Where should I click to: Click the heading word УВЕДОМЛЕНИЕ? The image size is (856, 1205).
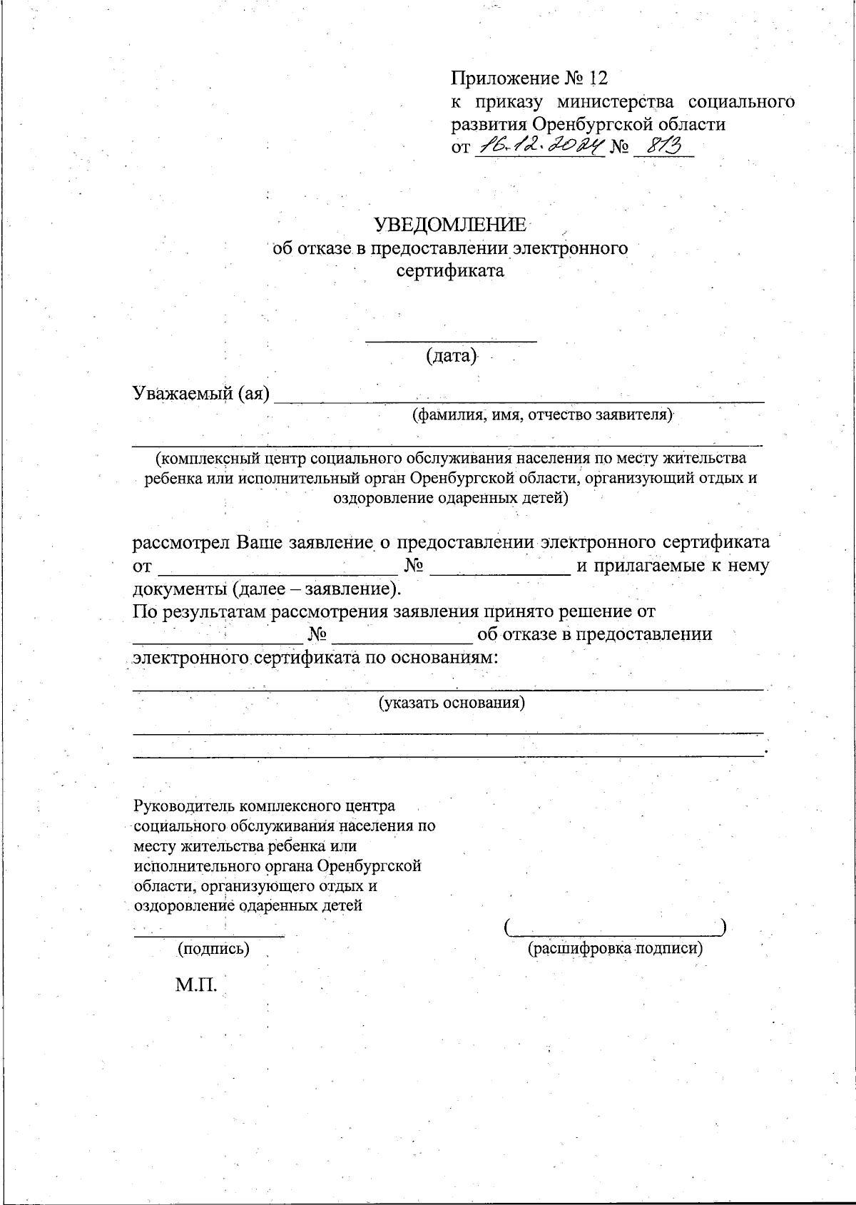tap(451, 225)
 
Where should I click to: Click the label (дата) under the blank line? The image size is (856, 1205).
tap(451, 355)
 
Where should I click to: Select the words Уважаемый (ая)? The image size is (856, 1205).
tap(201, 393)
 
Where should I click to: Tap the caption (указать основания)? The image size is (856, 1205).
tap(451, 703)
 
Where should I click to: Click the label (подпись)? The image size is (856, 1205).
tap(213, 949)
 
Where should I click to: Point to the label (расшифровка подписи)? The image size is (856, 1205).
tap(615, 949)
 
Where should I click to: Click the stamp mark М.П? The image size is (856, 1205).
tap(196, 985)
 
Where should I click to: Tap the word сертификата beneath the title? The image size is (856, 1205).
tap(450, 271)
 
